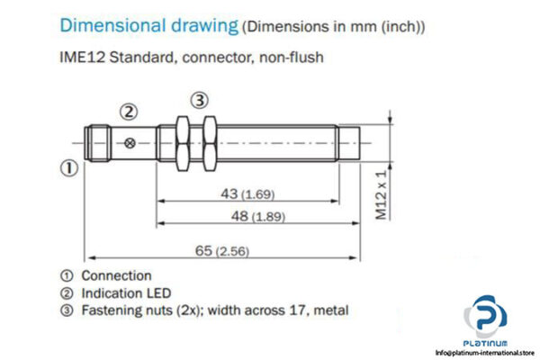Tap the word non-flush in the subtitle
point(291,58)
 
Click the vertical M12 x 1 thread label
point(381,194)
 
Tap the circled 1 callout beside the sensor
point(67,167)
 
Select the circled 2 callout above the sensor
point(129,112)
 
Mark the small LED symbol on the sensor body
point(133,142)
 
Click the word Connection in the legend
point(116,275)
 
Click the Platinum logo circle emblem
point(486,321)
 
